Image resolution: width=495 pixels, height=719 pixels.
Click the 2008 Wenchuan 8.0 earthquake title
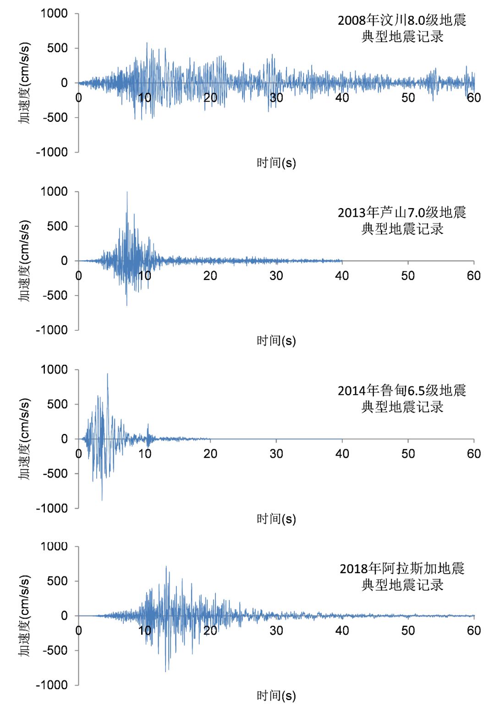(x=402, y=28)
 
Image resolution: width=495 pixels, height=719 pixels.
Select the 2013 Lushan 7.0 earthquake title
(x=402, y=220)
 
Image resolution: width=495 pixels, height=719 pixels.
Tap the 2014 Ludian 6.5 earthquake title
(x=402, y=398)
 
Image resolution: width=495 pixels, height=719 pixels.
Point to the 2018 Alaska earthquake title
(x=402, y=576)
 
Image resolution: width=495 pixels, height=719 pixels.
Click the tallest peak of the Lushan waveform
(x=127, y=192)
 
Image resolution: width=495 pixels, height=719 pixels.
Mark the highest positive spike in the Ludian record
(x=108, y=374)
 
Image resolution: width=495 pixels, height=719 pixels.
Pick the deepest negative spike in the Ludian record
(x=102, y=499)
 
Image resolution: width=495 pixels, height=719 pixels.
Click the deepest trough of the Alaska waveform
(x=166, y=671)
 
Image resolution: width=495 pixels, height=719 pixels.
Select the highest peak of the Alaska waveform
(x=166, y=567)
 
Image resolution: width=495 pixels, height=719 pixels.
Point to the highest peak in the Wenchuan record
(x=147, y=44)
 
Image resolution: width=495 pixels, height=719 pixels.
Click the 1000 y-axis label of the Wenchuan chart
(x=54, y=14)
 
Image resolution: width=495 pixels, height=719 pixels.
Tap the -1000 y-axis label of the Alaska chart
(x=52, y=685)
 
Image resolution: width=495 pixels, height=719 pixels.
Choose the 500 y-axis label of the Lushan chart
(x=57, y=226)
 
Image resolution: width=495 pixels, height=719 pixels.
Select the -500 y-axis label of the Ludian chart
(x=55, y=473)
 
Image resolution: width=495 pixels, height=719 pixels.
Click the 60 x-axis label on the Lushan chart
(x=473, y=276)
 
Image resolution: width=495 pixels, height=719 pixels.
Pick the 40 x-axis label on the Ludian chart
(x=342, y=454)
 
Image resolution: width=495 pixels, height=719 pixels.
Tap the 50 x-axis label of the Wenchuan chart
(x=408, y=98)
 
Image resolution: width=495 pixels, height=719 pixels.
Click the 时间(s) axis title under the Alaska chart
(x=276, y=696)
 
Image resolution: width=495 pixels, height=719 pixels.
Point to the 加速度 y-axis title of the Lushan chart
(x=24, y=261)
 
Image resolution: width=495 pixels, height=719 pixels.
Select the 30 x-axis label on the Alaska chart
(x=276, y=631)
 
